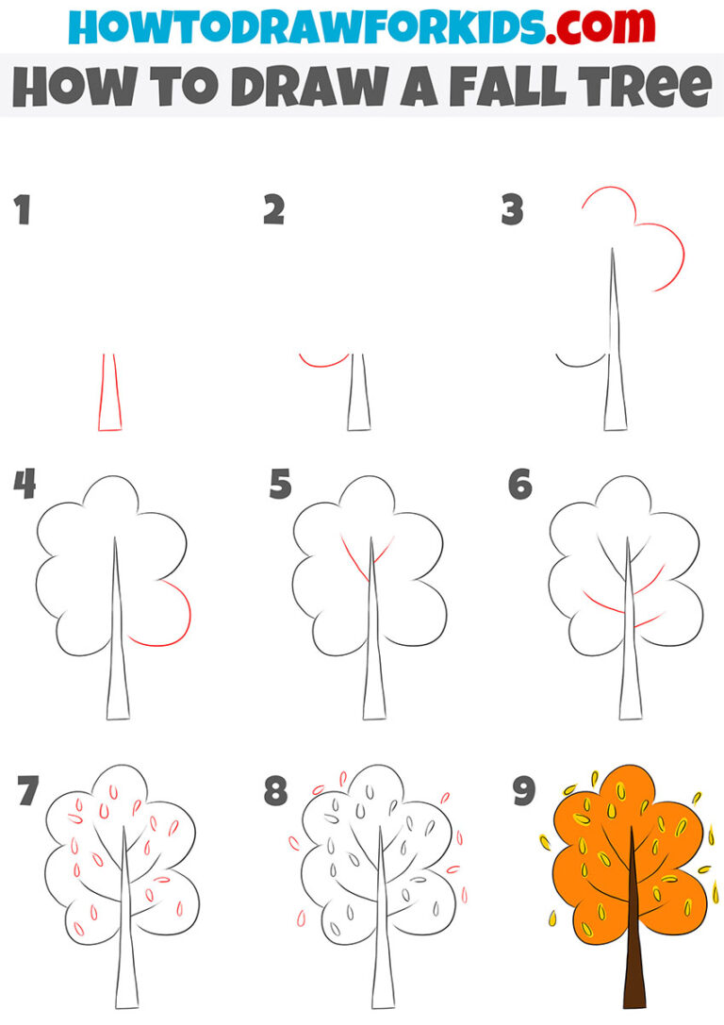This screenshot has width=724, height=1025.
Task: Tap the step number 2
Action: [x=273, y=210]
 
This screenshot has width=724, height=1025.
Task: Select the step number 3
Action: [x=512, y=210]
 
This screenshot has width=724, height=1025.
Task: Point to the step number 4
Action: [x=25, y=486]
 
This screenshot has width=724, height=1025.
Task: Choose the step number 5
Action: [x=280, y=486]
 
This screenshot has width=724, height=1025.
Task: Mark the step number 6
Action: [x=519, y=486]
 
